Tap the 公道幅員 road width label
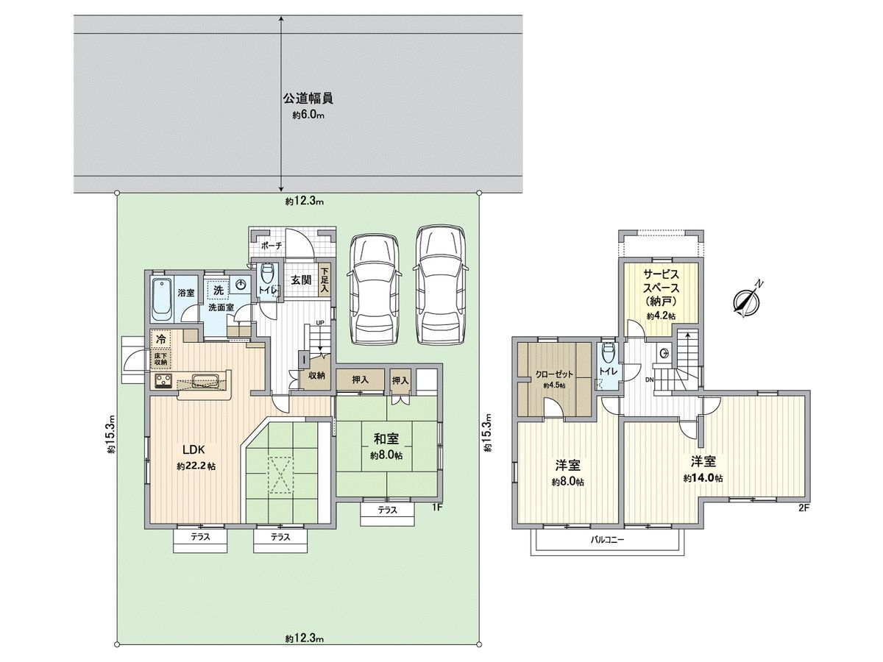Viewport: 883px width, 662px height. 308,99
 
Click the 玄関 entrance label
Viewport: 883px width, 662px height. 300,280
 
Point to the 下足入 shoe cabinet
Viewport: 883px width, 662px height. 325,280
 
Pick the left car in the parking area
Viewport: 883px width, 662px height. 375,289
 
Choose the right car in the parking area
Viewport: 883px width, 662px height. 441,285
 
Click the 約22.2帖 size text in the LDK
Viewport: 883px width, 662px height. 196,466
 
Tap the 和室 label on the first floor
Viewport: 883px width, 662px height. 386,439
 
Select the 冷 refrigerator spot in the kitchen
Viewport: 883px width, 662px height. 161,338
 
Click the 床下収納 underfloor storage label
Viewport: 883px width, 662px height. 161,360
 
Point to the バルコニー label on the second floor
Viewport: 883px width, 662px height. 607,539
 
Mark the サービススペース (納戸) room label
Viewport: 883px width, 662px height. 661,288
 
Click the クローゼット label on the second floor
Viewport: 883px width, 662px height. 554,374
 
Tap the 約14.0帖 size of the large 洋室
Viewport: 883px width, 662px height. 703,478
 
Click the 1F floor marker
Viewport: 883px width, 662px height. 437,507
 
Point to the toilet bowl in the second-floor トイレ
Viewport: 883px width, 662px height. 608,353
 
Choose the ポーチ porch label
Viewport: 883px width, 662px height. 272,246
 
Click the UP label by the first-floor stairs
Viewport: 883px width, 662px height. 320,322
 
